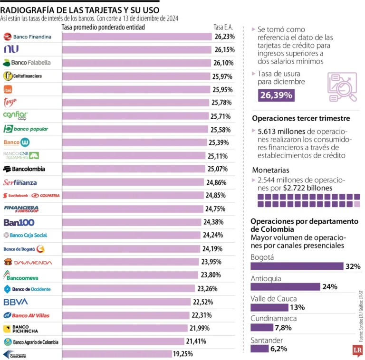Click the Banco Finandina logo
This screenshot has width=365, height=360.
(27, 37)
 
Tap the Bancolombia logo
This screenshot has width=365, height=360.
(24, 169)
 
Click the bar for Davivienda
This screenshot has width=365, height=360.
(131, 262)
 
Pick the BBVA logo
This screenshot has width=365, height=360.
(16, 302)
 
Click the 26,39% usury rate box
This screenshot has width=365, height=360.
(276, 96)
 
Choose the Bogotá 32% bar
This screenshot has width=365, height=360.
(297, 266)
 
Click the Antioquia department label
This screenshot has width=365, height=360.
(266, 278)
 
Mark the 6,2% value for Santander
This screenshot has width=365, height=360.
(279, 349)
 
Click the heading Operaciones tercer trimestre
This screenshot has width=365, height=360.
(301, 118)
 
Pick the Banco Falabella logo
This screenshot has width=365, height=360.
(27, 63)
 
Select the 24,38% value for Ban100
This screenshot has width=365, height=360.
(213, 222)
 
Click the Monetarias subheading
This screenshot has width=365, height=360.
(270, 170)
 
